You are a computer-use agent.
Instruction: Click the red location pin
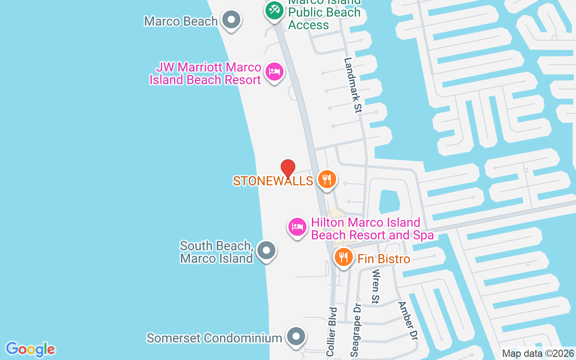[x=288, y=169]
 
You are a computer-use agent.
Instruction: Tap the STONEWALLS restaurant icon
[x=327, y=179]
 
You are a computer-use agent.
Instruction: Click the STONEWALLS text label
[x=273, y=181]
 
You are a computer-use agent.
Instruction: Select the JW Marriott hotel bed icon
[x=274, y=72]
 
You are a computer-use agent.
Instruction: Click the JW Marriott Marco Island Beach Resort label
[x=206, y=74]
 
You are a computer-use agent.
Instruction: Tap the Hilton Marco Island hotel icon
[x=297, y=227]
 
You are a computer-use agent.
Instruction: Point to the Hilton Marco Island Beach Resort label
[x=372, y=229]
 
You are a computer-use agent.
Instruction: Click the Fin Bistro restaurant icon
[x=344, y=257]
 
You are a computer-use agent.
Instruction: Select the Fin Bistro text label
[x=384, y=259]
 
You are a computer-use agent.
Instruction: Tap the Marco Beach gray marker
[x=232, y=20]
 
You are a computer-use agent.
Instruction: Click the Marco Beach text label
[x=181, y=21]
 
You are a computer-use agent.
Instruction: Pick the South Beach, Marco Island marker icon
[x=266, y=250]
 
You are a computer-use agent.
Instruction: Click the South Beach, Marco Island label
[x=216, y=252]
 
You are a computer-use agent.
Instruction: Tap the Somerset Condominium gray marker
[x=296, y=337]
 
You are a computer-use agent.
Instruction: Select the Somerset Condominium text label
[x=214, y=338]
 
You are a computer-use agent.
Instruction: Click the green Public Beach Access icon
[x=274, y=9]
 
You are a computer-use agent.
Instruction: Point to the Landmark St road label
[x=353, y=85]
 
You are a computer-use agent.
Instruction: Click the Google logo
[x=30, y=349]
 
